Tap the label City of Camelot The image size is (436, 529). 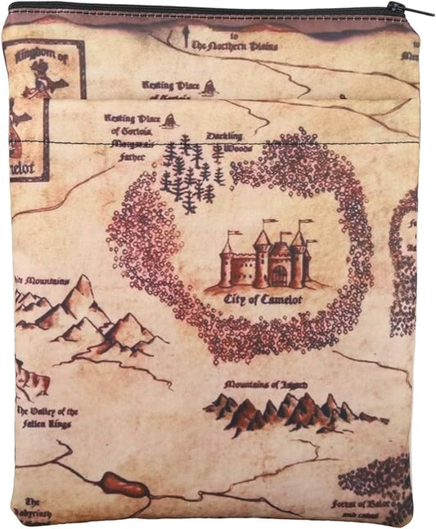263,300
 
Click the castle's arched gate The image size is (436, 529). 279,273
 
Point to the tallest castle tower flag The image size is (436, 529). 269,222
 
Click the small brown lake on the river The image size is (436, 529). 124,486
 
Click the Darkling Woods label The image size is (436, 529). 224,141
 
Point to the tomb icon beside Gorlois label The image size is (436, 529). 169,122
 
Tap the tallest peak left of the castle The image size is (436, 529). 83,286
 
